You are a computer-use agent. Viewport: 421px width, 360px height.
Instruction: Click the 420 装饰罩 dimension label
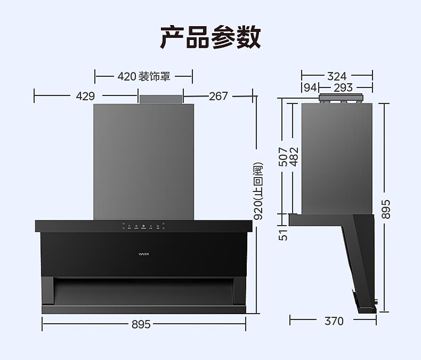[143, 76]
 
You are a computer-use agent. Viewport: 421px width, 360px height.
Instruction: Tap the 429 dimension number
[85, 96]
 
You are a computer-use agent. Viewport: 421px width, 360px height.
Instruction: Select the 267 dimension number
[218, 96]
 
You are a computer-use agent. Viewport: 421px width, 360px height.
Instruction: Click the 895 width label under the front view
[141, 324]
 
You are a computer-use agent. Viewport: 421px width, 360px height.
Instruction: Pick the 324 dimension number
[337, 76]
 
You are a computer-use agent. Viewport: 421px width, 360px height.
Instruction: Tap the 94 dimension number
[310, 87]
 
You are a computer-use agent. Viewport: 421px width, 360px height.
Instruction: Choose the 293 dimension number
[343, 87]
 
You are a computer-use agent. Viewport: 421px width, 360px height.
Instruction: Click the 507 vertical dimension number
[284, 157]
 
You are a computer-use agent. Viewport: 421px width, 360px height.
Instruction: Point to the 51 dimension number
[284, 234]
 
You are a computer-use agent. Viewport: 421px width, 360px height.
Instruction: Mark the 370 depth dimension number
[334, 321]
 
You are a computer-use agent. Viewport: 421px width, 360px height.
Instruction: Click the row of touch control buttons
[143, 226]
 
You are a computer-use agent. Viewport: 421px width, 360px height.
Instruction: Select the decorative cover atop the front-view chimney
[161, 99]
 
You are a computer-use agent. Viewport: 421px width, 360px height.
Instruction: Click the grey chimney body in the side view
[336, 157]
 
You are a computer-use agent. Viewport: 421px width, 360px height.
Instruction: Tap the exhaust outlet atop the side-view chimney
[340, 99]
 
